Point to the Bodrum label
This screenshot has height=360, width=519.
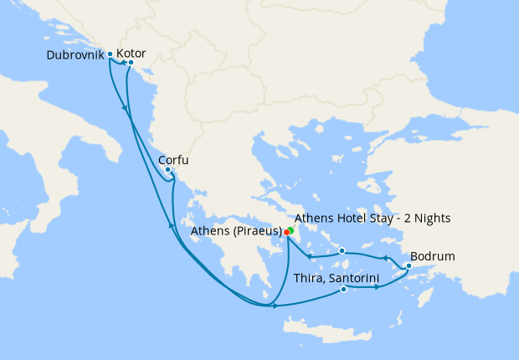pyautogui.click(x=433, y=256)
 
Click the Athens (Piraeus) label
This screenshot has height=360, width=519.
pyautogui.click(x=236, y=231)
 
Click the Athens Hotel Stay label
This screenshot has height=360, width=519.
pyautogui.click(x=373, y=218)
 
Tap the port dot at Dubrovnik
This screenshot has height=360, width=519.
pyautogui.click(x=110, y=54)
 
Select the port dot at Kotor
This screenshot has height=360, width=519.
pyautogui.click(x=131, y=63)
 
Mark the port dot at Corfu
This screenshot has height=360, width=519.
pyautogui.click(x=168, y=170)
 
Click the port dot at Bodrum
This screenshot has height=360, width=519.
pyautogui.click(x=408, y=267)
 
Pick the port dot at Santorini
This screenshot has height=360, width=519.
pyautogui.click(x=344, y=290)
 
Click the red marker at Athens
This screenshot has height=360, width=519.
pyautogui.click(x=286, y=232)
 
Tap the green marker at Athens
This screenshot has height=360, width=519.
pyautogui.click(x=290, y=229)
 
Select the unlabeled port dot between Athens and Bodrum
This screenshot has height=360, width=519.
pyautogui.click(x=342, y=250)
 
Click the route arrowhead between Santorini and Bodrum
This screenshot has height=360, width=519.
pyautogui.click(x=379, y=287)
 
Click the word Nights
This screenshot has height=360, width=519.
pyautogui.click(x=434, y=218)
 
